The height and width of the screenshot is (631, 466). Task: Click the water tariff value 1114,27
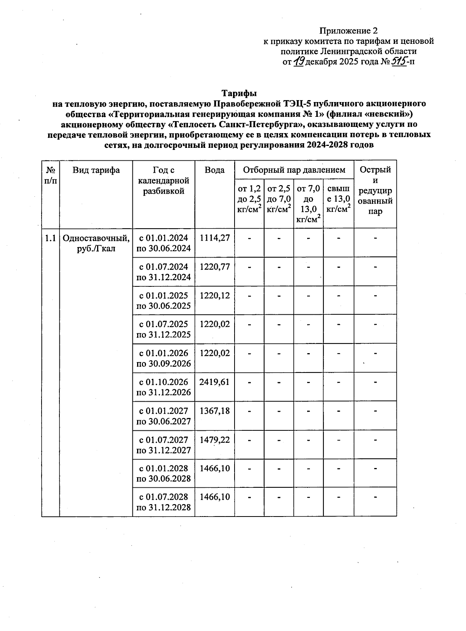(214, 238)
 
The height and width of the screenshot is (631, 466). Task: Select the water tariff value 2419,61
(214, 382)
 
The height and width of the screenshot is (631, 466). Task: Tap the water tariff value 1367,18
(214, 411)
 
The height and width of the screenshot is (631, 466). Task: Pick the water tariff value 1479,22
(214, 440)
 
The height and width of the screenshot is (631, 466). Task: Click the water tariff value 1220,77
(214, 267)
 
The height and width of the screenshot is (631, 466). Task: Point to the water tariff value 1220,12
(214, 296)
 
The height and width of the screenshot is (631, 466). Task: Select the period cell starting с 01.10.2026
(163, 387)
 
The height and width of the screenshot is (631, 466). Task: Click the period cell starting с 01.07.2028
(163, 502)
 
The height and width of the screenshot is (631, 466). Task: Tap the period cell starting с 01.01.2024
(163, 243)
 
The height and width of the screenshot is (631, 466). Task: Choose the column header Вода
(214, 170)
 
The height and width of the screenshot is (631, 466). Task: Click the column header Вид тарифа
(96, 170)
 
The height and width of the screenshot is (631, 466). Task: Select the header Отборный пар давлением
(294, 170)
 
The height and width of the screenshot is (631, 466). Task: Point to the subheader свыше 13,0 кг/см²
(338, 199)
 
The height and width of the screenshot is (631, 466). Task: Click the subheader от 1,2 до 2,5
(249, 199)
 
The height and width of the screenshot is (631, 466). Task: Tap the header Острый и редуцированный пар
(375, 190)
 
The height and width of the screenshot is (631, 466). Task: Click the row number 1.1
(50, 238)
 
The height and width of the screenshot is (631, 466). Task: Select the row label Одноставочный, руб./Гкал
(96, 243)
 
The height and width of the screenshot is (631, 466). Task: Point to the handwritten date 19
(299, 61)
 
